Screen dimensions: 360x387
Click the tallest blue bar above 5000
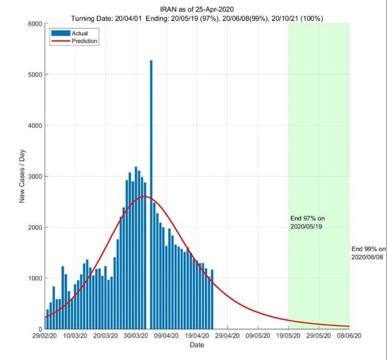point(151,194)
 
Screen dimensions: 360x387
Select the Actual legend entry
point(70,33)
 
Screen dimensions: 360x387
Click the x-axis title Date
point(197,345)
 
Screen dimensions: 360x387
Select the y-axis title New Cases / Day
point(22,176)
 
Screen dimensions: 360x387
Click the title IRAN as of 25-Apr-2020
point(197,8)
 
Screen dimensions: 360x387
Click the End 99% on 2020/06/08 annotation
point(368,253)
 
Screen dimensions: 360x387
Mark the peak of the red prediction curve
point(145,197)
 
